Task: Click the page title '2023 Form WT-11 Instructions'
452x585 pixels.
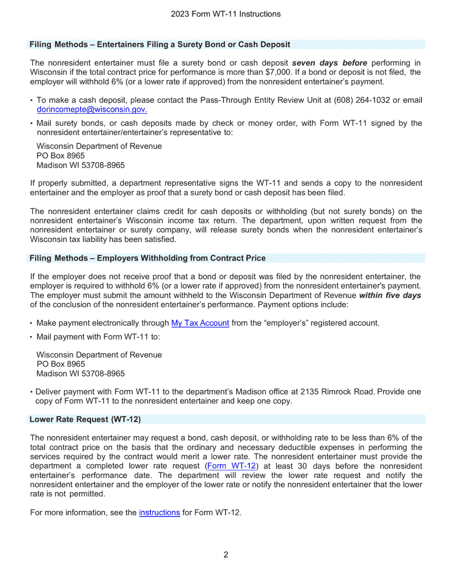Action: (226, 14)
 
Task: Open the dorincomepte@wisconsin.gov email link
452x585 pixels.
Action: (92, 109)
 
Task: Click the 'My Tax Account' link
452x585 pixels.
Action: (200, 323)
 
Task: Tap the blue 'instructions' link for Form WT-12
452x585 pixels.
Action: (159, 513)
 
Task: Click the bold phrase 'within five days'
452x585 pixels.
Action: (390, 295)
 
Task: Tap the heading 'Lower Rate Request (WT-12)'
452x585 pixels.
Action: (85, 419)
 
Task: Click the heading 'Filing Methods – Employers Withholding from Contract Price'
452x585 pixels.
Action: (147, 258)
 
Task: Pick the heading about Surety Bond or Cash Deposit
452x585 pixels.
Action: (160, 45)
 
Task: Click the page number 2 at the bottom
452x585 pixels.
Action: (226, 555)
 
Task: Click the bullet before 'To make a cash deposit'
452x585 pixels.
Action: (31, 101)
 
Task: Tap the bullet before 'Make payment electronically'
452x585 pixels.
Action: (31, 324)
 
